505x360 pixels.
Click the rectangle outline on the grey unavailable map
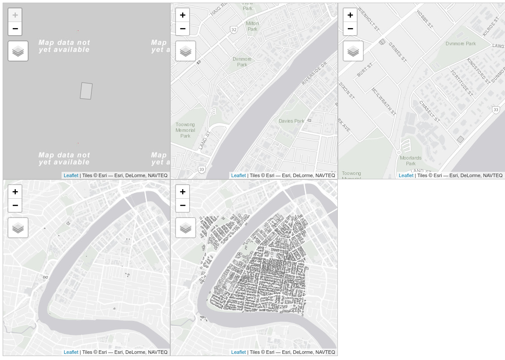(86, 91)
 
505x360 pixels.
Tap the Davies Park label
(291, 121)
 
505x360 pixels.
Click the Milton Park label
(252, 26)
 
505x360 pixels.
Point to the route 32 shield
(234, 29)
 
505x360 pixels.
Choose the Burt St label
(365, 69)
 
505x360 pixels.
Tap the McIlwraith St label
(384, 102)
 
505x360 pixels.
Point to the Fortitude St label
(461, 83)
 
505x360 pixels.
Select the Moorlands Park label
(410, 160)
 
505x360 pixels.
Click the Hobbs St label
(424, 19)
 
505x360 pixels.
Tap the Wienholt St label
(369, 18)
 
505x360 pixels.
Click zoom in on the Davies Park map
(183, 15)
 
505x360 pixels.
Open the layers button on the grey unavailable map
(18, 51)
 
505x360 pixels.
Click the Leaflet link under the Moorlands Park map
(406, 175)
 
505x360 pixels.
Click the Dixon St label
(347, 91)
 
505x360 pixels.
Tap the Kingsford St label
(478, 70)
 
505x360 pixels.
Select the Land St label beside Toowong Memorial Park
(205, 140)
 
